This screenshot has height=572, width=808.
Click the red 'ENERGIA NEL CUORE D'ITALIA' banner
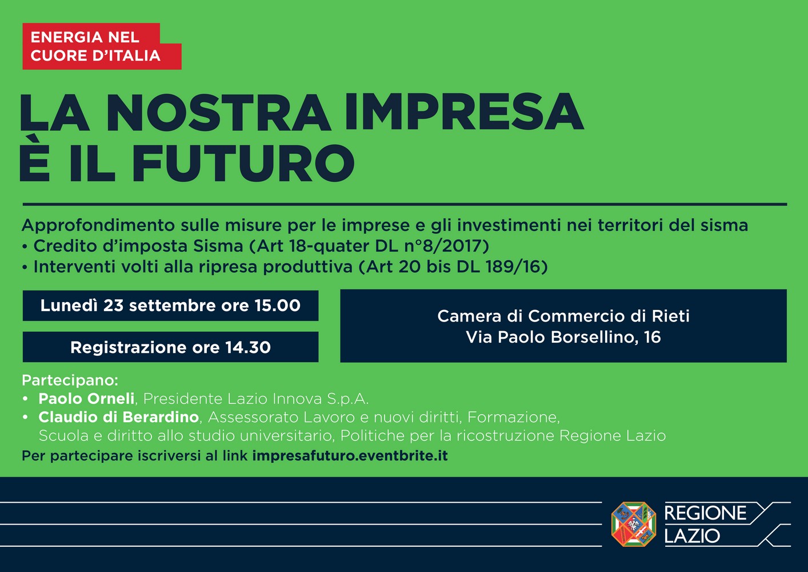point(102,46)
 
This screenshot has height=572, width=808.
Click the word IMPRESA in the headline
point(463,112)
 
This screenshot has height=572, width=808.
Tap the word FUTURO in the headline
point(243,164)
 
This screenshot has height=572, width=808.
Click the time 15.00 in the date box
point(277,305)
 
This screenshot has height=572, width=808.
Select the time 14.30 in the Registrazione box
point(248,347)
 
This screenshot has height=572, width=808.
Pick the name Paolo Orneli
point(87,399)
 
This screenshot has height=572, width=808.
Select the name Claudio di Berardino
point(119,417)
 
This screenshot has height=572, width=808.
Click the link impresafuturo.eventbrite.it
point(350,456)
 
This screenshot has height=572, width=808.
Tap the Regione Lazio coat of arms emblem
point(634,524)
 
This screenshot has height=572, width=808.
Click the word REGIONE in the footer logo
point(705,513)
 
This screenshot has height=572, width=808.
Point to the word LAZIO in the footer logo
point(692,535)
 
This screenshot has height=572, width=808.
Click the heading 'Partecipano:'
point(70,380)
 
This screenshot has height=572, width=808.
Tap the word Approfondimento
point(98,226)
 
